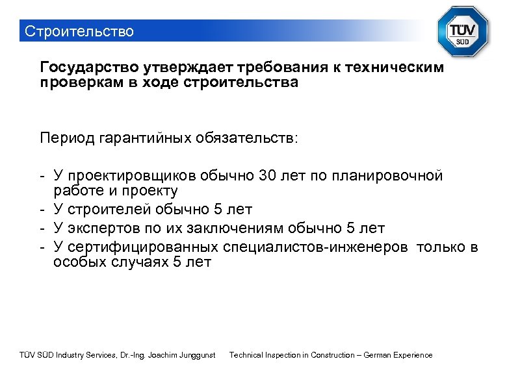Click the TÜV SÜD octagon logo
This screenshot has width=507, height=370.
point(464,33)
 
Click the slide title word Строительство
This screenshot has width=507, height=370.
point(78,31)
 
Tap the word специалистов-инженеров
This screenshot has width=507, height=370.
point(316,247)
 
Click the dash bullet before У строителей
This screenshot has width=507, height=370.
point(42,210)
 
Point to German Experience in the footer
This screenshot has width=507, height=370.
point(398,355)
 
